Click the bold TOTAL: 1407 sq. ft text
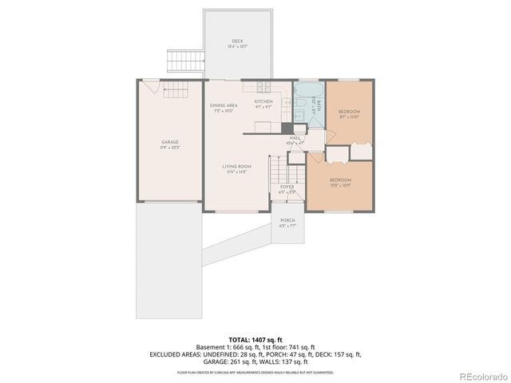pos(255,338)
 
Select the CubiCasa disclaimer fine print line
pos(255,372)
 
